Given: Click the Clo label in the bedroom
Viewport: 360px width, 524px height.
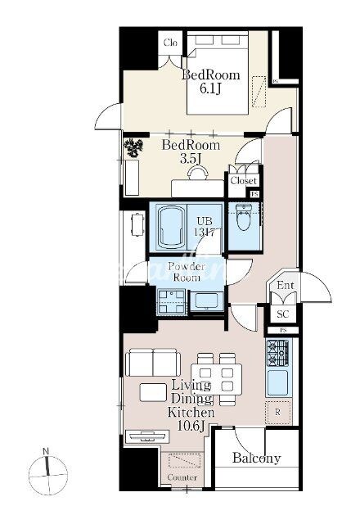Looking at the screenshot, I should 172,43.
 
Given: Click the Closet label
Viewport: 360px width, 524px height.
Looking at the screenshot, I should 244,180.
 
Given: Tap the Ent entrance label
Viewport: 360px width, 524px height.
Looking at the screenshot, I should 285,285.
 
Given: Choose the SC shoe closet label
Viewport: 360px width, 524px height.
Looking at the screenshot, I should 283,314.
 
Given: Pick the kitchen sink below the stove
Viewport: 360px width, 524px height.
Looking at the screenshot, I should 277,382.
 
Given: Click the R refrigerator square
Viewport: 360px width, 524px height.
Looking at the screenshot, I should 277,413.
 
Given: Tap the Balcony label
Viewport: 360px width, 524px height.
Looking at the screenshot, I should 256,458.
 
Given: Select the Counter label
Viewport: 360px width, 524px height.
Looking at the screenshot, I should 182,477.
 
